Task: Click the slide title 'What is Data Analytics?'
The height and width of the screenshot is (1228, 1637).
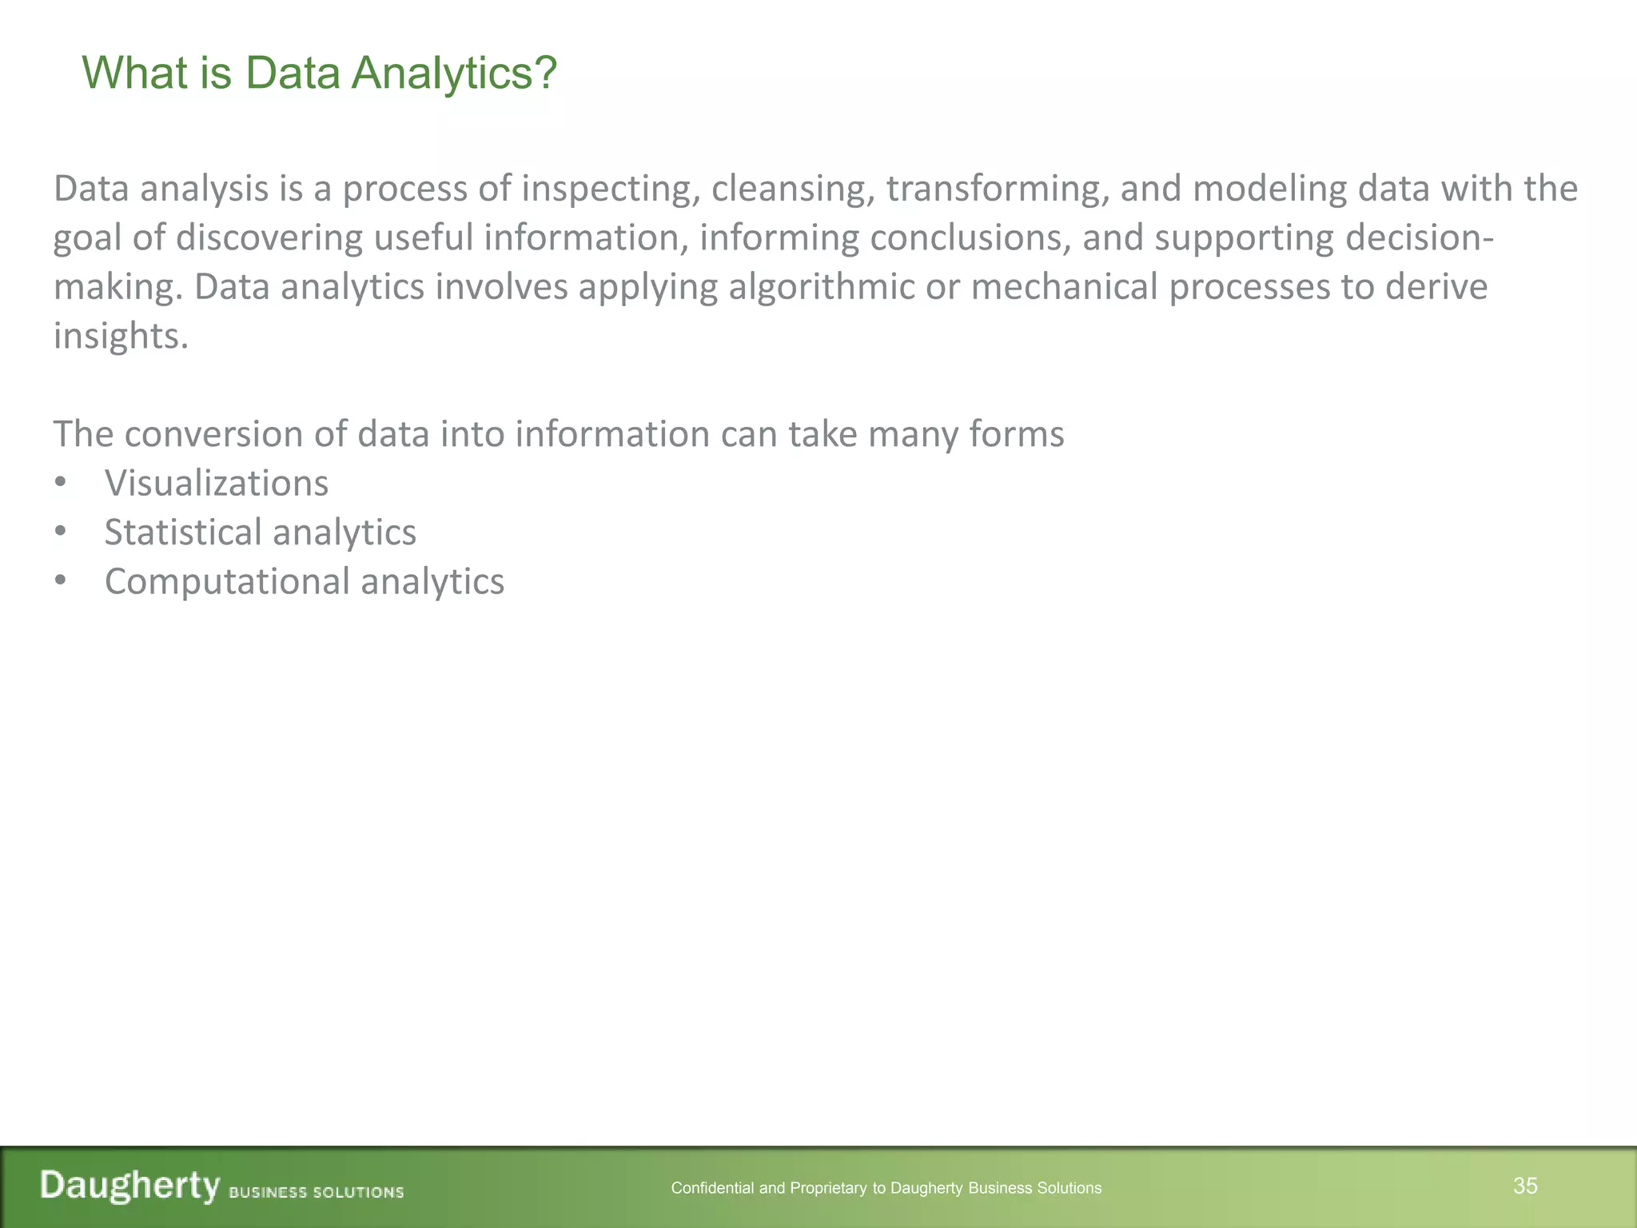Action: pyautogui.click(x=319, y=74)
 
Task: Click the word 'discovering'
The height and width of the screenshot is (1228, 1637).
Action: pyautogui.click(x=269, y=238)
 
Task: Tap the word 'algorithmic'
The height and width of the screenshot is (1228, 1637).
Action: pyautogui.click(x=821, y=287)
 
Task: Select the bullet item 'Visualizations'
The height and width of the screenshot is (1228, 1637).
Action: pyautogui.click(x=217, y=484)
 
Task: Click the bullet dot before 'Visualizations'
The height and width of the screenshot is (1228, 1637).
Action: pyautogui.click(x=60, y=484)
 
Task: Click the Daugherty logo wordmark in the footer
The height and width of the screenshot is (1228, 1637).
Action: pyautogui.click(x=130, y=1186)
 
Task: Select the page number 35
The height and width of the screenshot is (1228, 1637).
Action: pyautogui.click(x=1525, y=1186)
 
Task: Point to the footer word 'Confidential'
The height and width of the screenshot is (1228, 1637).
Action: pyautogui.click(x=712, y=1188)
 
